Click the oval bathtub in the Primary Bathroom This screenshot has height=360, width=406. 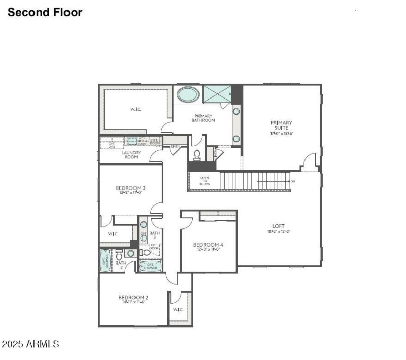coord(188,94)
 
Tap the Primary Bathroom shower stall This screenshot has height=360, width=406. coord(217,94)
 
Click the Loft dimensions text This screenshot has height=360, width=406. coord(278,232)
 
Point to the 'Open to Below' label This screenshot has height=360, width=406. coord(205,181)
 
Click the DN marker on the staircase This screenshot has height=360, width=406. coord(292,181)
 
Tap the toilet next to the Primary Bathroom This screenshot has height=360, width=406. coord(197,154)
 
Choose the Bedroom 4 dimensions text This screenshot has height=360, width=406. coord(208,250)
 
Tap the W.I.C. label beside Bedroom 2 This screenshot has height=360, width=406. coord(178,309)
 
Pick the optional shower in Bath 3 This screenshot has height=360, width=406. coord(150,266)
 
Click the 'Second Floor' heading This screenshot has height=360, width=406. coord(45,12)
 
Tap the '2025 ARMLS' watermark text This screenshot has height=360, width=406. coord(30,344)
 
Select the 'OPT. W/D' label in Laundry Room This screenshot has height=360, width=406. coord(112,144)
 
